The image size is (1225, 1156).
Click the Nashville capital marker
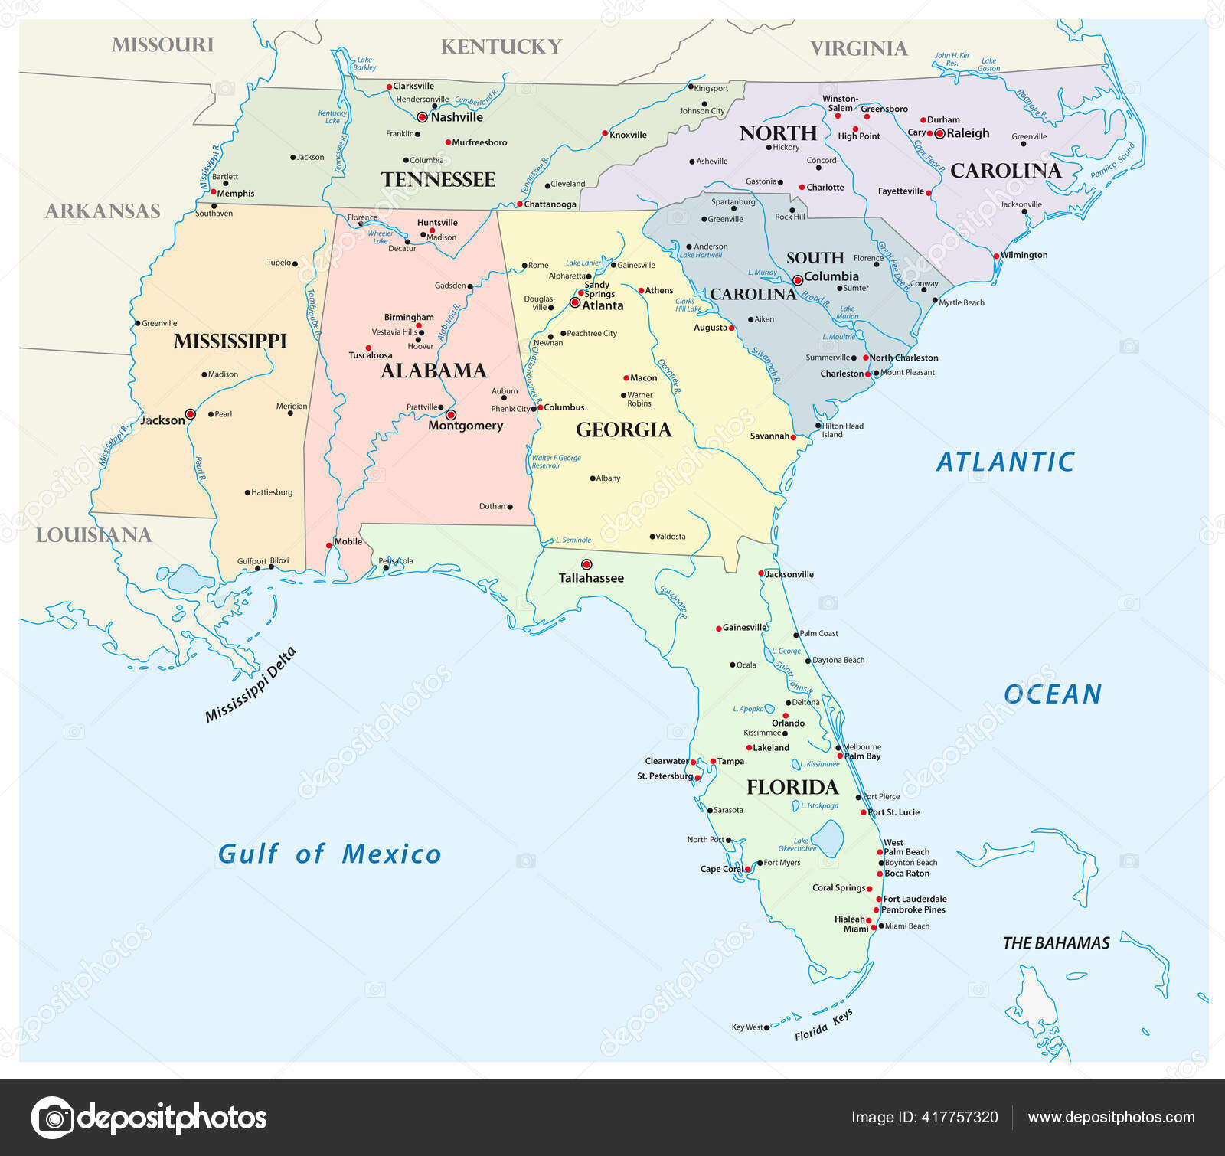click(x=422, y=117)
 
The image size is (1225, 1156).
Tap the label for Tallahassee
click(x=591, y=578)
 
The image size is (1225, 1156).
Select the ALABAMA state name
click(x=433, y=371)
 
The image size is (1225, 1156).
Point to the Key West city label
click(x=746, y=1027)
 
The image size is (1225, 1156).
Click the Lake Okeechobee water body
click(x=828, y=838)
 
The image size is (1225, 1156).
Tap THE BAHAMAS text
click(x=1056, y=943)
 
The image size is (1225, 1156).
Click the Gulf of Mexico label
click(x=329, y=854)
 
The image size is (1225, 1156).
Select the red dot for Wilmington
click(x=996, y=256)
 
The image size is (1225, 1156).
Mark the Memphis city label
click(x=235, y=194)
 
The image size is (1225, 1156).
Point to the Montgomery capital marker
click(x=451, y=415)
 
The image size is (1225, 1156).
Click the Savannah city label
click(x=769, y=436)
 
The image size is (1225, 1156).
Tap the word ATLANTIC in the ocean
click(x=1005, y=462)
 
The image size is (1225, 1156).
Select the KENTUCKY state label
click(x=501, y=47)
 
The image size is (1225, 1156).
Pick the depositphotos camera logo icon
click(x=52, y=1118)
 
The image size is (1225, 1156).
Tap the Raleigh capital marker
click(x=939, y=133)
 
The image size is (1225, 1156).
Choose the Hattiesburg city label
click(x=272, y=492)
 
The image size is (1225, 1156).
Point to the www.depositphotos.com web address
click(x=1111, y=1118)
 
